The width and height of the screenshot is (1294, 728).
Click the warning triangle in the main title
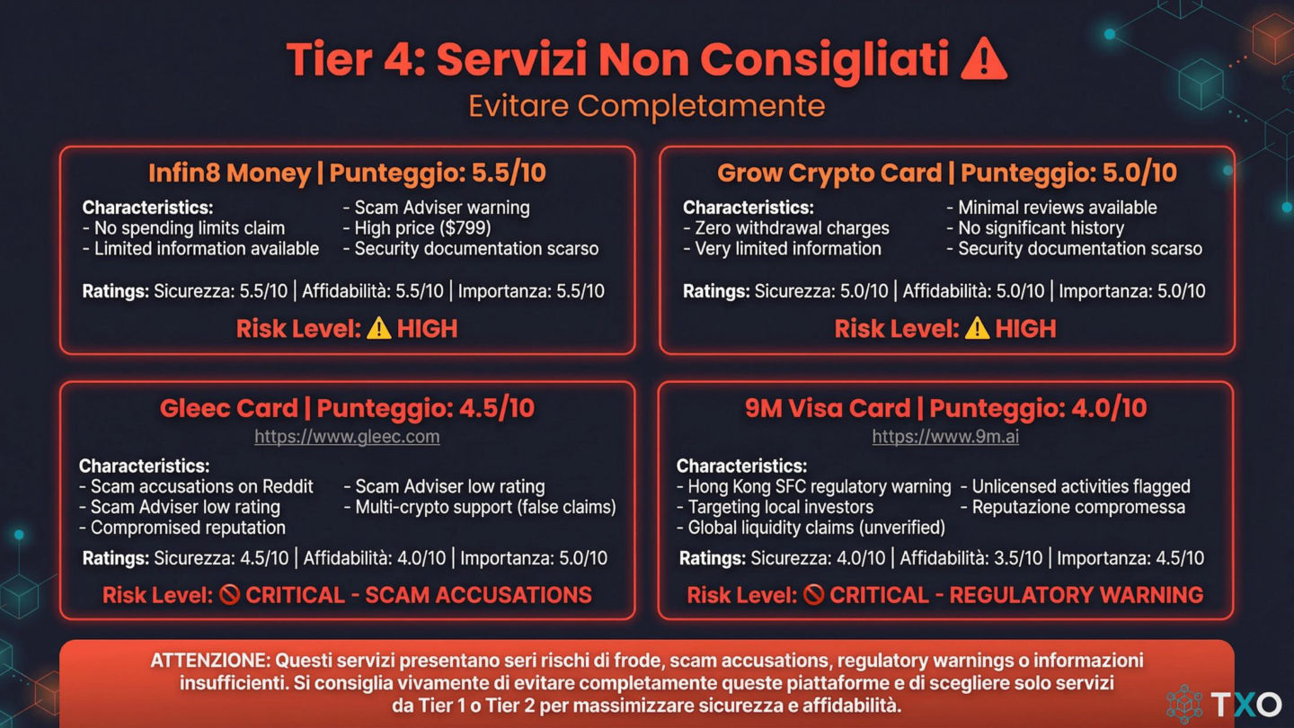click(x=983, y=60)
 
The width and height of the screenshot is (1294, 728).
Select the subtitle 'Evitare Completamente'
click(x=646, y=106)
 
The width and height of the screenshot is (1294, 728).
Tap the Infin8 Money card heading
click(x=347, y=173)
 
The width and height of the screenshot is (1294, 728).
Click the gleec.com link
click(x=347, y=437)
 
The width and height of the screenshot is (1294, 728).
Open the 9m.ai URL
click(x=945, y=437)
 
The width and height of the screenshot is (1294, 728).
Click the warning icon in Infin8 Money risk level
click(x=379, y=329)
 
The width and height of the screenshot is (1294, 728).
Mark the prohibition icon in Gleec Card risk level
click(x=229, y=595)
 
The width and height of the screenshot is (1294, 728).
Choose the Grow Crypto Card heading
click(x=946, y=173)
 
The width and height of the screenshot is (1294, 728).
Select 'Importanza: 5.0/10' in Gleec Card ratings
click(x=534, y=558)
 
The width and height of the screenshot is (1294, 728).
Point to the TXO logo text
click(x=1245, y=703)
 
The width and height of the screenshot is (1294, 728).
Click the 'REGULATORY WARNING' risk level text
click(x=1076, y=595)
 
